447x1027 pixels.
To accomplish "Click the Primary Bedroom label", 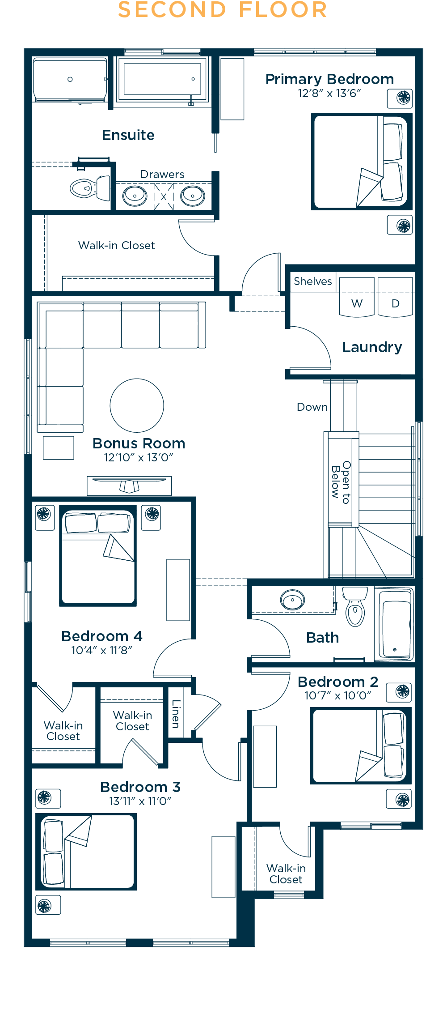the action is (329, 79).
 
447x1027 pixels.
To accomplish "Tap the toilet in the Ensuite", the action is (90, 188).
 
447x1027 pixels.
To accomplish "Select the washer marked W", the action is (357, 297).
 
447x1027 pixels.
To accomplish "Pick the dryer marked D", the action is (395, 297).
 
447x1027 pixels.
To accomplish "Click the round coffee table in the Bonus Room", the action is (137, 405).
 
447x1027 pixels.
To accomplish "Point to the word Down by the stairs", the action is (312, 407).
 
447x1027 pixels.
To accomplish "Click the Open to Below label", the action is (341, 482).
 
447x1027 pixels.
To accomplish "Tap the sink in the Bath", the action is (293, 600).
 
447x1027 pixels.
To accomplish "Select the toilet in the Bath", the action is (355, 606).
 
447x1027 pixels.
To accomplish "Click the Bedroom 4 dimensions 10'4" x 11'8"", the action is (102, 650).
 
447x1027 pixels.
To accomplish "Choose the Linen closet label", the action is (176, 714).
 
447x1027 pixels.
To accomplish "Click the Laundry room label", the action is (372, 347).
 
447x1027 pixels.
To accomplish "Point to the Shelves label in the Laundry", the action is (313, 281).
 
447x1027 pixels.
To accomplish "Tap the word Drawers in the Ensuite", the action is (162, 175).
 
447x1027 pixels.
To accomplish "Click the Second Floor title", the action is (223, 10).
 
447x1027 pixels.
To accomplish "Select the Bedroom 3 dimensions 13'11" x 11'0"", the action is (140, 801).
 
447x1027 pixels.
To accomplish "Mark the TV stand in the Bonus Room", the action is (129, 486).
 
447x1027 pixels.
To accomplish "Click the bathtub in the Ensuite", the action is (163, 80).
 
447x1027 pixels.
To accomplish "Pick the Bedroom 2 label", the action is (338, 682).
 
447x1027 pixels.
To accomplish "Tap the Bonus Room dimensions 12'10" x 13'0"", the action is (139, 457).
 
